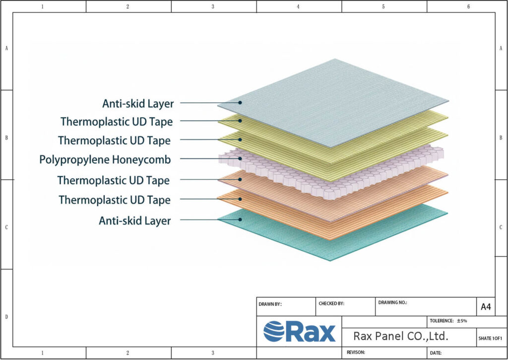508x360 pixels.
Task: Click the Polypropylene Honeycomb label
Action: pyautogui.click(x=105, y=160)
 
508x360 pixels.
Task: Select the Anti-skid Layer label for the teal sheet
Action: pyautogui.click(x=134, y=220)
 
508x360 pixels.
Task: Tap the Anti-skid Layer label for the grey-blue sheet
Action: pyautogui.click(x=138, y=104)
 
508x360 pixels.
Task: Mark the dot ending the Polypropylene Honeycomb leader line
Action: pyautogui.click(x=240, y=159)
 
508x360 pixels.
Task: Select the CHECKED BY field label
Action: pyautogui.click(x=331, y=303)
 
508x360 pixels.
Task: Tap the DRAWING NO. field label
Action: pyautogui.click(x=392, y=302)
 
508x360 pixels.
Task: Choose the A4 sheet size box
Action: pyautogui.click(x=486, y=307)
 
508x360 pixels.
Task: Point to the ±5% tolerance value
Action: pyautogui.click(x=462, y=321)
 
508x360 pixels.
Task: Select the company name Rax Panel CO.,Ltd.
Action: pyautogui.click(x=401, y=336)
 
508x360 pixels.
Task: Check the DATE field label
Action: pyautogui.click(x=436, y=353)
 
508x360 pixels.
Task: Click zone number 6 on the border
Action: pyautogui.click(x=468, y=6)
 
